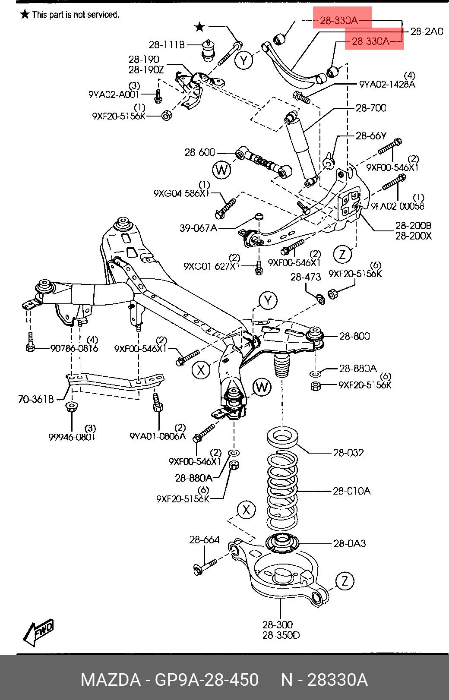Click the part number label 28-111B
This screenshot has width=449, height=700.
pyautogui.click(x=167, y=44)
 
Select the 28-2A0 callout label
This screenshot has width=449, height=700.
pyautogui.click(x=426, y=32)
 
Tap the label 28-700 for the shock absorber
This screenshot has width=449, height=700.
pyautogui.click(x=371, y=108)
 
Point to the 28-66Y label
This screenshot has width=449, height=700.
pyautogui.click(x=371, y=136)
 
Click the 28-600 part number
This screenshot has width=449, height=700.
pyautogui.click(x=199, y=152)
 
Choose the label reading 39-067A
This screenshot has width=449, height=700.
pyautogui.click(x=198, y=228)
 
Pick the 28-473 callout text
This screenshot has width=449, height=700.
pyautogui.click(x=305, y=277)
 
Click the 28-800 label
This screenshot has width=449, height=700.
pyautogui.click(x=354, y=336)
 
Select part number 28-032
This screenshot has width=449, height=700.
pyautogui.click(x=348, y=453)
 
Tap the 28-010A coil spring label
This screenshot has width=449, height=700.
pyautogui.click(x=351, y=491)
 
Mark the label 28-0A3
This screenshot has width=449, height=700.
pyautogui.click(x=349, y=543)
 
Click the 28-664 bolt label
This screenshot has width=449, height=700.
pyautogui.click(x=204, y=540)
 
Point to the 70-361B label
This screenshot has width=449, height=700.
pyautogui.click(x=36, y=400)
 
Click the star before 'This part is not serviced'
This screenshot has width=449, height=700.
pyautogui.click(x=25, y=15)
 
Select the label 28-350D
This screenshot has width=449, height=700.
pyautogui.click(x=281, y=635)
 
